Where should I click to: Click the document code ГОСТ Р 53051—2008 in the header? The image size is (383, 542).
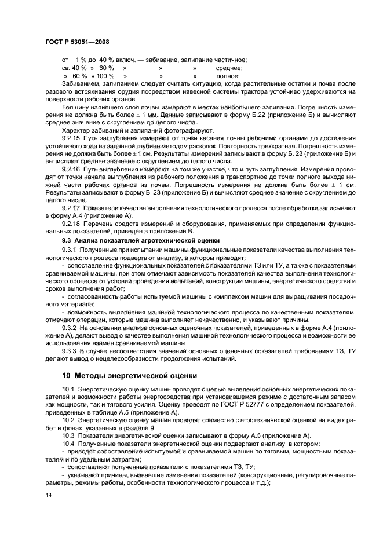click(77, 42)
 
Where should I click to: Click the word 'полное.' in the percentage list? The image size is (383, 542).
click(228, 76)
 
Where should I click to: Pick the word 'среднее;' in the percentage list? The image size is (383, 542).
click(229, 68)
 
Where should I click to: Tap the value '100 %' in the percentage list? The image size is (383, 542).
click(105, 76)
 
